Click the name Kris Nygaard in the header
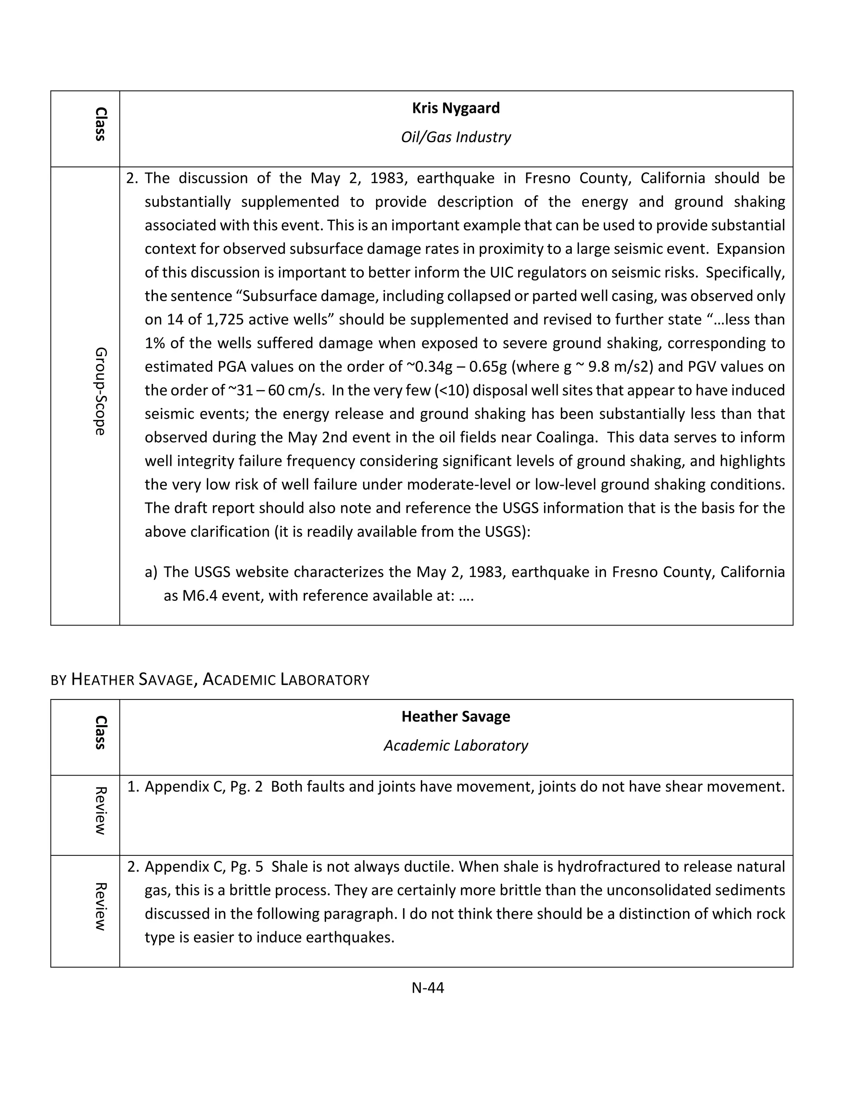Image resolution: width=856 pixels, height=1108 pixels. (456, 108)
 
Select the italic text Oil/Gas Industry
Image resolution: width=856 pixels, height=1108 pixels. (456, 137)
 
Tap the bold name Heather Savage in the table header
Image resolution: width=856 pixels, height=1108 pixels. (456, 716)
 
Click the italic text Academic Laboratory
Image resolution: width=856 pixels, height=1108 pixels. (456, 745)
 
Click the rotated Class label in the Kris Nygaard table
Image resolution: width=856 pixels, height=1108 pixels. (100, 124)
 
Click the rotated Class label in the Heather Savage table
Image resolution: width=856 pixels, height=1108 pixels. (100, 732)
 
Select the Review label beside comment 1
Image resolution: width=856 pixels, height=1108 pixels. (100, 810)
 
